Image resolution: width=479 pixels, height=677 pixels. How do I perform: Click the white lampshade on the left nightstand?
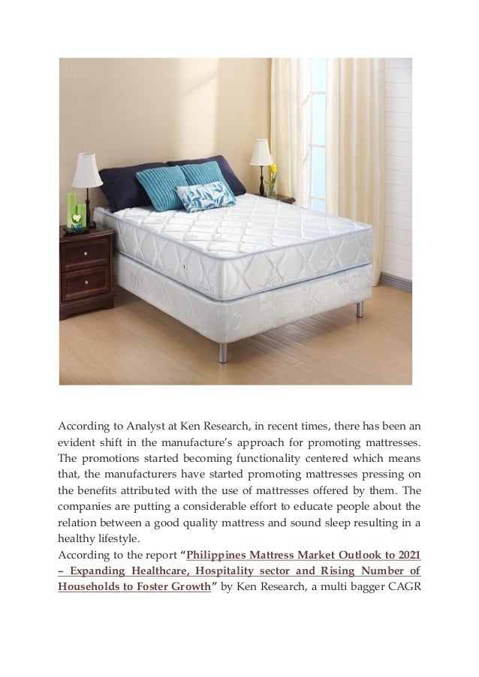tap(87, 170)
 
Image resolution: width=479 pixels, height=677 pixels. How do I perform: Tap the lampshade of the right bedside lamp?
tap(261, 152)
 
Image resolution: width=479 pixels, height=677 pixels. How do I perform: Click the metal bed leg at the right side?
tap(360, 309)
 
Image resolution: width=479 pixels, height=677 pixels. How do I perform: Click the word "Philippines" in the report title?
tap(218, 556)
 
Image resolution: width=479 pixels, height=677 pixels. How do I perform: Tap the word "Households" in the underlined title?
tap(89, 587)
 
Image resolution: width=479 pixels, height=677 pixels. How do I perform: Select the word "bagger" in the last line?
tap(361, 587)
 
